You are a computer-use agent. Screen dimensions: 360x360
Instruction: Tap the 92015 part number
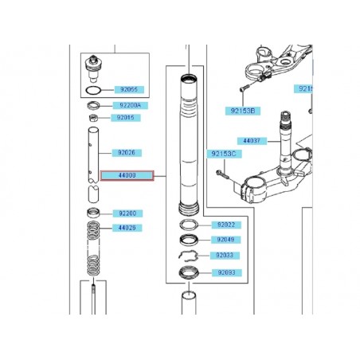click(x=126, y=118)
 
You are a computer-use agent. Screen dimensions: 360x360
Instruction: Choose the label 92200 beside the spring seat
click(x=127, y=213)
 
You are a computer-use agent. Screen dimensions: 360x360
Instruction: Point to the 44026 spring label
click(x=127, y=228)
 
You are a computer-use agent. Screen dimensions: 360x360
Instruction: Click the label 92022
click(x=226, y=225)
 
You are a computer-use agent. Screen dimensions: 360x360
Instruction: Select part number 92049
click(x=226, y=240)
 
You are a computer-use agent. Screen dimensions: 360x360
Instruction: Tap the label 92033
click(x=226, y=256)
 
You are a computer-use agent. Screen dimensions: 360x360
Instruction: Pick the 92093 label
click(x=226, y=273)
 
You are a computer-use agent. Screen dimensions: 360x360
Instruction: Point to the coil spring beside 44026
click(x=95, y=247)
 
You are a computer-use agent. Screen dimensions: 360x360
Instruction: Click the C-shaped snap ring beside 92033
click(x=189, y=256)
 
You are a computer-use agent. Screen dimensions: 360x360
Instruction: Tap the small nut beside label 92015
click(x=94, y=119)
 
